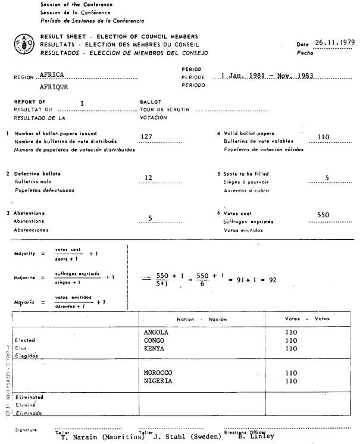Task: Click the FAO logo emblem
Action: point(21,44)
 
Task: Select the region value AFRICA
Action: point(51,76)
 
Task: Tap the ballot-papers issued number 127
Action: point(146,136)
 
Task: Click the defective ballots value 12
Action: point(149,177)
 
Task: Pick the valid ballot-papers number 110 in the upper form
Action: point(324,136)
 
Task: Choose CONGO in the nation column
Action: point(155,340)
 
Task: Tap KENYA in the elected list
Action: point(155,349)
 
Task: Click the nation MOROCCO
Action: point(159,373)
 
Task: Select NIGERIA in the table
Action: point(158,381)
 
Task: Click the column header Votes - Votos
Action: point(307,319)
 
